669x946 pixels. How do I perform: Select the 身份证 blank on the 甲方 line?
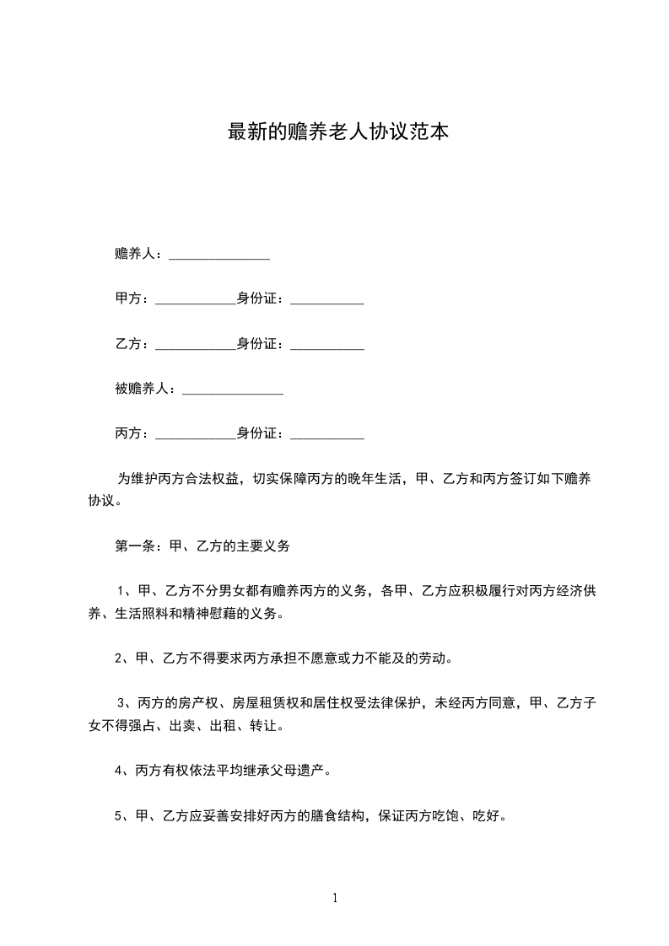point(326,302)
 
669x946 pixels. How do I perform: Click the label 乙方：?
point(132,344)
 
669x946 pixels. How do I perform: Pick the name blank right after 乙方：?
point(196,347)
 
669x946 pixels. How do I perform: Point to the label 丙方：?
point(132,434)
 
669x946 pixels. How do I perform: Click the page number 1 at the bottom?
point(335,898)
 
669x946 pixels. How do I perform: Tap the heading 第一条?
point(133,546)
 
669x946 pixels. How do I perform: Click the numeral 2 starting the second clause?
point(118,658)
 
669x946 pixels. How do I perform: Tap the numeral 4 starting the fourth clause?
point(118,770)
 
